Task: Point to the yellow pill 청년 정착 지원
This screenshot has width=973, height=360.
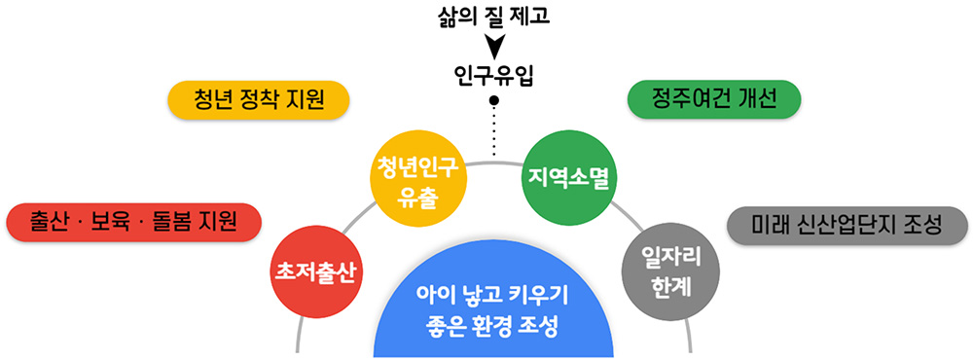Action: click(258, 99)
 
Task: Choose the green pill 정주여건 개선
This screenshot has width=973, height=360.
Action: click(714, 99)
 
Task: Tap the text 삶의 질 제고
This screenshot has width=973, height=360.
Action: click(495, 17)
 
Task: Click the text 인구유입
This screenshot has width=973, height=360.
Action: click(494, 75)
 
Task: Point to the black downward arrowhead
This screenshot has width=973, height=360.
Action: click(495, 46)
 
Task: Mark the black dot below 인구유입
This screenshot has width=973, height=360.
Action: click(494, 100)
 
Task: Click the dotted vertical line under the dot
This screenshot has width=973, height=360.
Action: click(494, 131)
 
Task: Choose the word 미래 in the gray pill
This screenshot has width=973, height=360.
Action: click(773, 225)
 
